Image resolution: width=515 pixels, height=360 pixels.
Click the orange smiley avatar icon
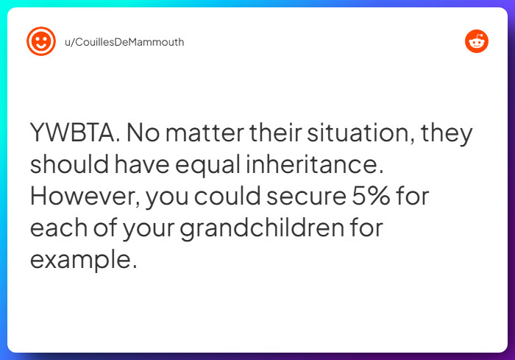[41, 41]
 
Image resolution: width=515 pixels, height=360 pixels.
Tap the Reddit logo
[477, 41]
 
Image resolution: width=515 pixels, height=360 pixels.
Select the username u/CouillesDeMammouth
[124, 42]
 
